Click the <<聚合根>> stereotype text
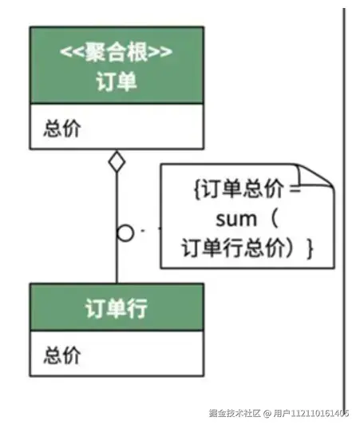pyautogui.click(x=117, y=54)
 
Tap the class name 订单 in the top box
pyautogui.click(x=117, y=81)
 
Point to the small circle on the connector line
pyautogui.click(x=125, y=233)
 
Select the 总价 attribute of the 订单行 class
pyautogui.click(x=61, y=355)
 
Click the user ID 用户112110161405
pyautogui.click(x=306, y=413)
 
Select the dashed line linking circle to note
pyautogui.click(x=147, y=232)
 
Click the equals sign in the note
pyautogui.click(x=295, y=190)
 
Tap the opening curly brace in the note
pyautogui.click(x=197, y=190)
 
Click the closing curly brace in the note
pyautogui.click(x=309, y=248)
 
